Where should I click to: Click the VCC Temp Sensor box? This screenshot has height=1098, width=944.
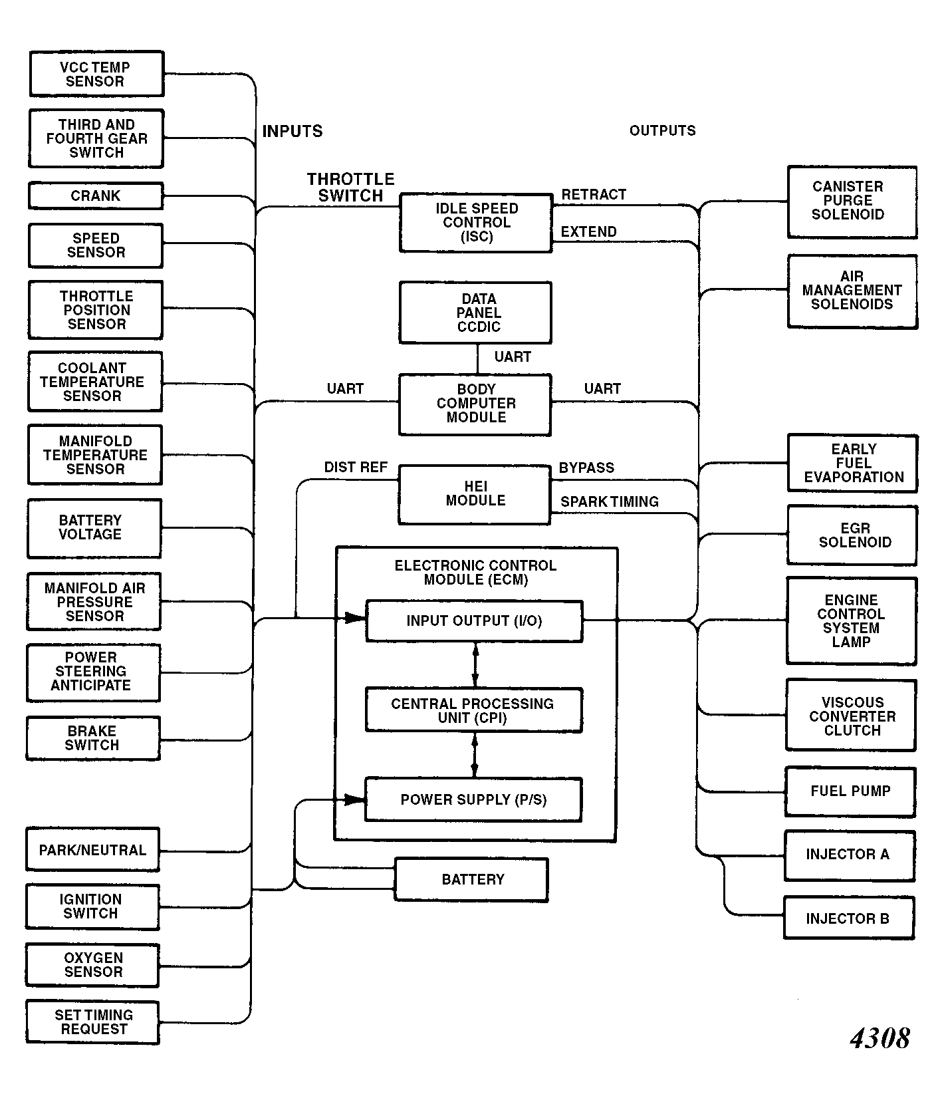(96, 74)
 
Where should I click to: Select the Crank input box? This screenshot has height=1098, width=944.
(96, 196)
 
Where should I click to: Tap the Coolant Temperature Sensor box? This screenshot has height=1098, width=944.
(95, 382)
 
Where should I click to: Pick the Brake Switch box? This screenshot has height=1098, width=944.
(93, 738)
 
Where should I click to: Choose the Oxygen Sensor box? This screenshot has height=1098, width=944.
(92, 965)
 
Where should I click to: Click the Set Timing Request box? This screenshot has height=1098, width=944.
(92, 1022)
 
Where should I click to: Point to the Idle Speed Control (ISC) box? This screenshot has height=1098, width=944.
(476, 223)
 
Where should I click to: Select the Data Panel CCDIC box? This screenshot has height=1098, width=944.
(475, 313)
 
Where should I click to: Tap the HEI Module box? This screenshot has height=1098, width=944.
(475, 495)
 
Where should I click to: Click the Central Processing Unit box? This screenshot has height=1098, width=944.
(474, 710)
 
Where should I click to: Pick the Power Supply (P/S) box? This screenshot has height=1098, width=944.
(473, 799)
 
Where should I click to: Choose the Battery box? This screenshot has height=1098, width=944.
(471, 880)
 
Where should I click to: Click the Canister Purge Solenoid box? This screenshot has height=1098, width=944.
(852, 202)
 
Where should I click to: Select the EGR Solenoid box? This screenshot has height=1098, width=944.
(852, 535)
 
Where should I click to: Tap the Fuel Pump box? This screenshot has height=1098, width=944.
(850, 791)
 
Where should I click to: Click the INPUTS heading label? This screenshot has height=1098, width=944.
(293, 131)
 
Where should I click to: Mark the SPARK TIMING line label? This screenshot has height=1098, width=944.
(610, 501)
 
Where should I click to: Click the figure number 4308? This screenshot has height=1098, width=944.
(880, 1037)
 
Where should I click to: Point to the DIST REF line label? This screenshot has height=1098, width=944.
(356, 468)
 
